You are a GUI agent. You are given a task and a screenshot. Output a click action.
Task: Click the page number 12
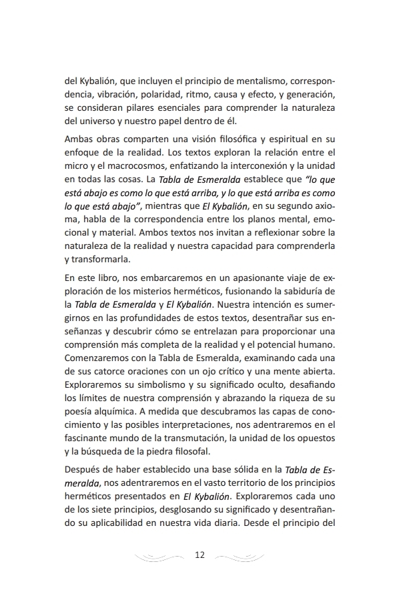199,555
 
